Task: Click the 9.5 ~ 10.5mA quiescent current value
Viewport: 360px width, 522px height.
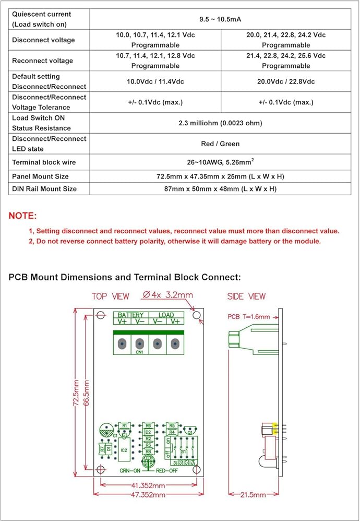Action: click(220, 19)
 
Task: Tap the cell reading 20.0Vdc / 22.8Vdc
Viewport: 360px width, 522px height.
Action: click(286, 81)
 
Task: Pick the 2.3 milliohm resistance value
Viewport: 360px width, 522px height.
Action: click(220, 123)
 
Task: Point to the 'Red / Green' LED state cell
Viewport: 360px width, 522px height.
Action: click(220, 144)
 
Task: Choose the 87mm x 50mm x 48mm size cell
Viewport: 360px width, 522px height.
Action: click(220, 188)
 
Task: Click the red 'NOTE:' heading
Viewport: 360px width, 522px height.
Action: click(23, 216)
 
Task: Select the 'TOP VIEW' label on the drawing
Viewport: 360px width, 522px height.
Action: click(111, 296)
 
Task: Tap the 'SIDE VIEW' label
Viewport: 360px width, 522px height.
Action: click(247, 296)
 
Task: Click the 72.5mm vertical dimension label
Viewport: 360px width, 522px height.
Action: click(76, 397)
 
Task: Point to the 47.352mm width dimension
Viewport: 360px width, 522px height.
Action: click(148, 494)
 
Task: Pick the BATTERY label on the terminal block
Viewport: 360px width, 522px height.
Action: click(130, 315)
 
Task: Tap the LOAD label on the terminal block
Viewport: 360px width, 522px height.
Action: click(166, 315)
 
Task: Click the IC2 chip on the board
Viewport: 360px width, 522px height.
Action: click(124, 449)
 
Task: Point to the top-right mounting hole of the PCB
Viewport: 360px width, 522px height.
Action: click(197, 316)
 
